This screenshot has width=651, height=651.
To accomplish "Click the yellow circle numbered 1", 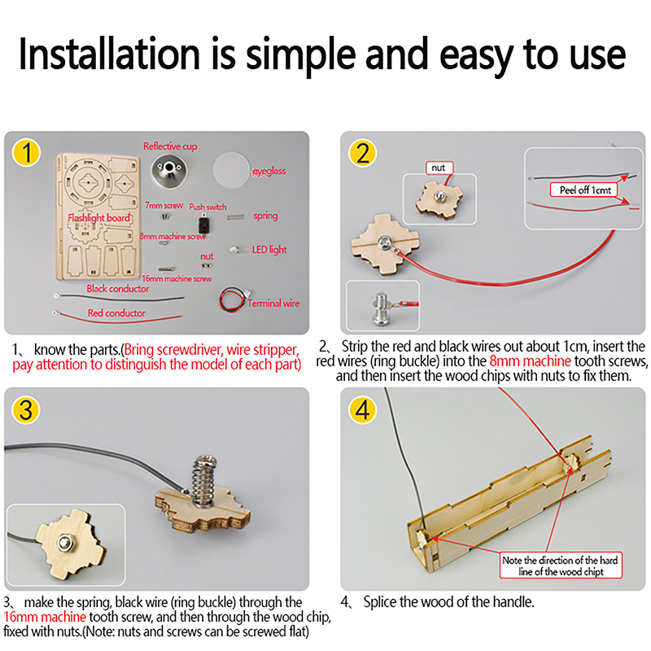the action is pos(26,153).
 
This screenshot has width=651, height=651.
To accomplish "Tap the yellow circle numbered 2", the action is pos(362,153).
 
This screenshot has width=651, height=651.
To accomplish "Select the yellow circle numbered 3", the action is pos(26,410).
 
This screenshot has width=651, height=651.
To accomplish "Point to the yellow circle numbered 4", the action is pos(362,410).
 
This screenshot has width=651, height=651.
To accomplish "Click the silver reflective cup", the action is pos(169,170).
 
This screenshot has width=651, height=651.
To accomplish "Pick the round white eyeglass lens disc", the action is pos(232,169).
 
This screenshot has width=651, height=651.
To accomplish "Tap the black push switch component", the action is pos(203,225).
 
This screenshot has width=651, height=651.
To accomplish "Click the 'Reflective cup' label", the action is pos(170,146).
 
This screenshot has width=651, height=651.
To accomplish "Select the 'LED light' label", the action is pos(269,250).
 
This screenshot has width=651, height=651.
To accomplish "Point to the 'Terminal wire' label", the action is pos(273,303).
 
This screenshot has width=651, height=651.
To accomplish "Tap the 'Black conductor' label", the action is pos(118,289).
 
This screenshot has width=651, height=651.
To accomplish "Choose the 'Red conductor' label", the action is pos(116,313).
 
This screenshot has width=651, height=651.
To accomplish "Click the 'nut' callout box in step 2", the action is pos(439,168).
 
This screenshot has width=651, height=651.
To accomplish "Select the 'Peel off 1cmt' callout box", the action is pos(583,190).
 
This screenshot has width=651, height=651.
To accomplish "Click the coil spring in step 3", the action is pos(203,482).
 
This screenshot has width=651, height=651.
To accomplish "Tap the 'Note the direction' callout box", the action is pos(561,566).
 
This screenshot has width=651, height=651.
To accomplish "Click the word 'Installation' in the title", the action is pos(109,54).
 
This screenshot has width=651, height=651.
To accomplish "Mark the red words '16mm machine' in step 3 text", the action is pos(45,617).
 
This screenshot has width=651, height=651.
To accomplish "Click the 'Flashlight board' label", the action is pos(98,218).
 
